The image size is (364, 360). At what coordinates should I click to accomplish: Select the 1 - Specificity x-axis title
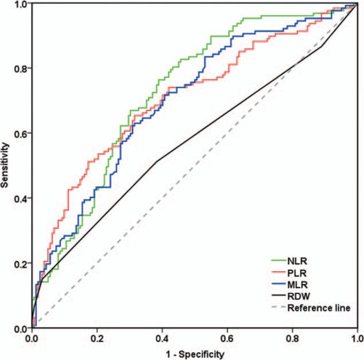click(x=195, y=353)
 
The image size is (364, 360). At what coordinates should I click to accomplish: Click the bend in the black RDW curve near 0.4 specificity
click(x=157, y=161)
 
